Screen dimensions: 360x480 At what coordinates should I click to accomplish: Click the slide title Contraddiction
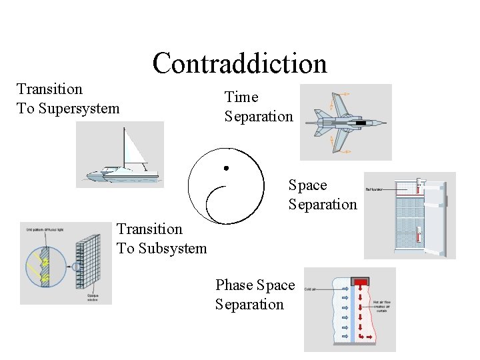(x=239, y=64)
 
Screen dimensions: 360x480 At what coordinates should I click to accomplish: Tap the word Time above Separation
(x=241, y=97)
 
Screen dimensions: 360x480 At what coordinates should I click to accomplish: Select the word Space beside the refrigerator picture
(x=307, y=185)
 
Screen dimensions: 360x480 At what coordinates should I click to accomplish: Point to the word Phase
(x=234, y=285)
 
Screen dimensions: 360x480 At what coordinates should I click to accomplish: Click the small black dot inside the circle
(x=226, y=167)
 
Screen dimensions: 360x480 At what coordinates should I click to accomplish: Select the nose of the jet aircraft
(x=381, y=123)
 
